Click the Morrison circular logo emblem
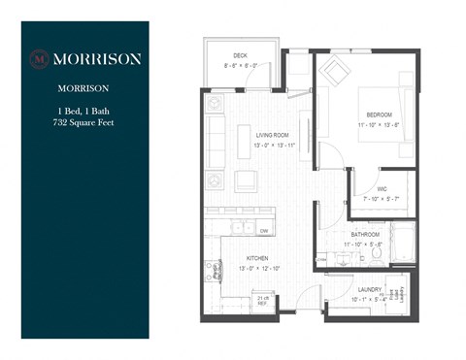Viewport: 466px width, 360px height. click(41, 58)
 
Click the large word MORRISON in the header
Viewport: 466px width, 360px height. click(96, 58)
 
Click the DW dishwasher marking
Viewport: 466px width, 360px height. click(264, 230)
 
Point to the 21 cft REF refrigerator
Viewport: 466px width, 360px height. click(262, 299)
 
